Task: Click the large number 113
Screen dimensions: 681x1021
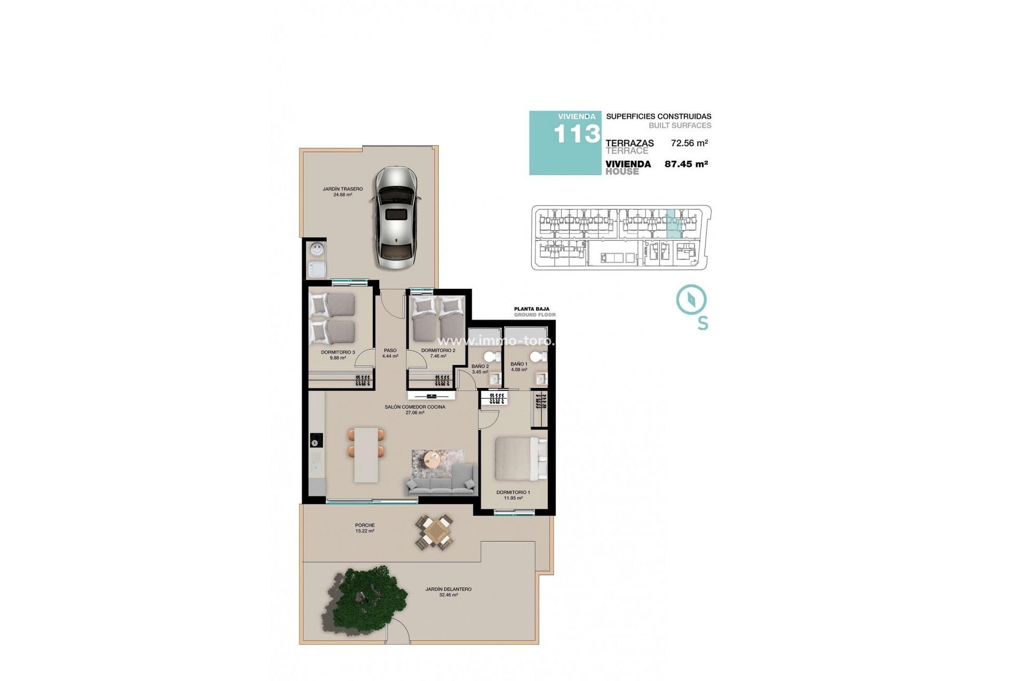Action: [577, 134]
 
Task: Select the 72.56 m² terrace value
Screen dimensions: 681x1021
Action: [689, 143]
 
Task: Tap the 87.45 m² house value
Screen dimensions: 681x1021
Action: [686, 164]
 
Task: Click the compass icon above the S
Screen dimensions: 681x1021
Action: [691, 300]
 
